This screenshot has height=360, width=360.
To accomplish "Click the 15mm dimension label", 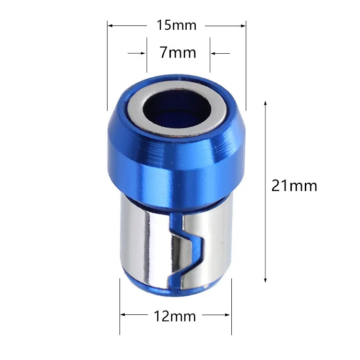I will (176, 25).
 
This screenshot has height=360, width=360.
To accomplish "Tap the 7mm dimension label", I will (178, 52).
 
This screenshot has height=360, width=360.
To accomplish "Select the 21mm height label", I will (294, 185).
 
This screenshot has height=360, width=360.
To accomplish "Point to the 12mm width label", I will (175, 316).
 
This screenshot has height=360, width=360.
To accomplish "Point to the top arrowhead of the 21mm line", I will (265, 103).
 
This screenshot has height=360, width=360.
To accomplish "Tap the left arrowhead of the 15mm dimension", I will (110, 25).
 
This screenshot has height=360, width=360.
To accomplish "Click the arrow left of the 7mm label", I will (143, 53).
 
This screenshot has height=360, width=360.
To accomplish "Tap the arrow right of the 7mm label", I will (213, 53).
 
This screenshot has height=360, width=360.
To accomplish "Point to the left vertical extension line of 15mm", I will (107, 72).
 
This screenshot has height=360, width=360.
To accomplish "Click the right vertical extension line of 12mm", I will (231, 307).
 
